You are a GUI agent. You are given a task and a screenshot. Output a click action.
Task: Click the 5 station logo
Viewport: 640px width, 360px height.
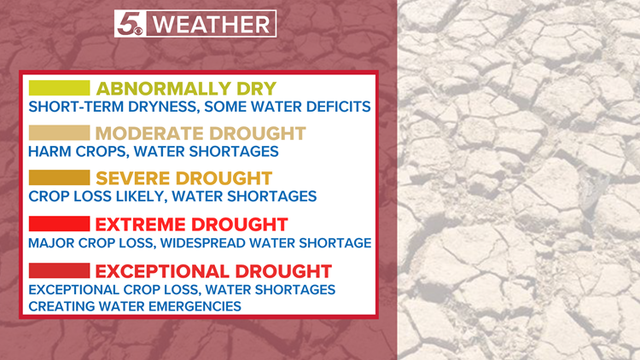tap(131, 23)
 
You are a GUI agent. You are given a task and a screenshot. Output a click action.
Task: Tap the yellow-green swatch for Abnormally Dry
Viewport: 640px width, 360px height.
tap(59, 88)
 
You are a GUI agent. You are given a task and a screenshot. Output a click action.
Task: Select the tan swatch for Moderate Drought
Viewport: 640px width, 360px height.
tap(59, 133)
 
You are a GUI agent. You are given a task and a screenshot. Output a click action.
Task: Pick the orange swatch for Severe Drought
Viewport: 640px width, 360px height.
tap(59, 178)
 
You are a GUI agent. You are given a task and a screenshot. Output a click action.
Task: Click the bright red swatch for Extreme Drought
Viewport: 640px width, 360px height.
tap(59, 224)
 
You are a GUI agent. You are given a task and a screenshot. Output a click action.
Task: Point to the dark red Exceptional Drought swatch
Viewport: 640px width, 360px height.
tap(59, 270)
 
